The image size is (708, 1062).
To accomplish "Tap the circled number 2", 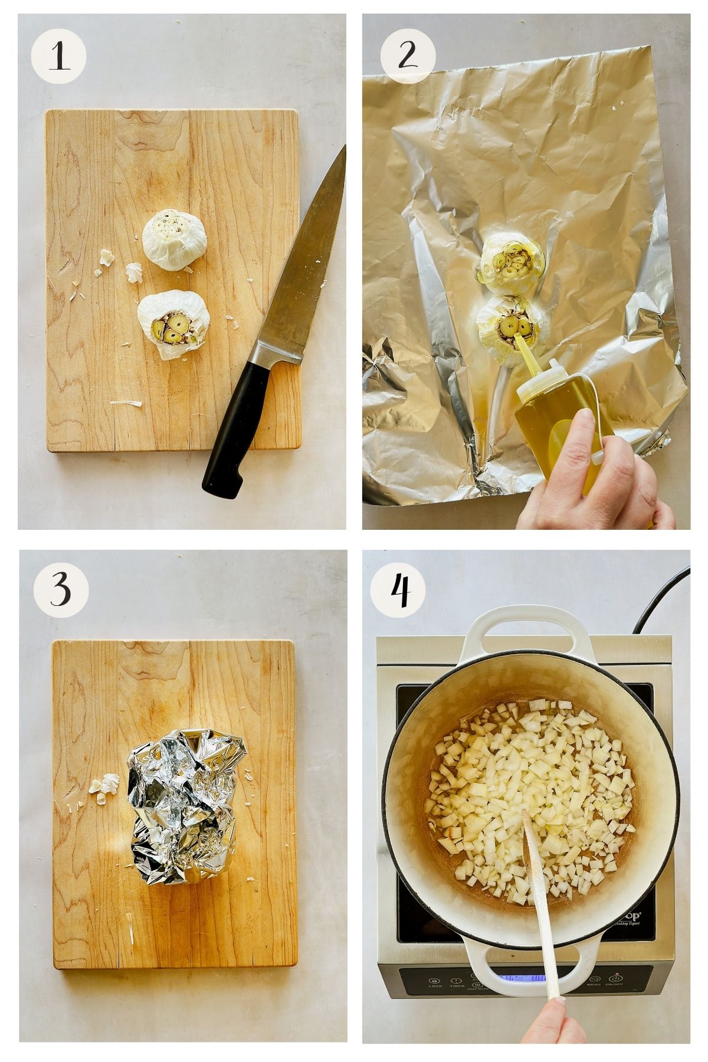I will click(x=407, y=57).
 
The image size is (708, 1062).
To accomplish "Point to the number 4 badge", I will click(x=401, y=589).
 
